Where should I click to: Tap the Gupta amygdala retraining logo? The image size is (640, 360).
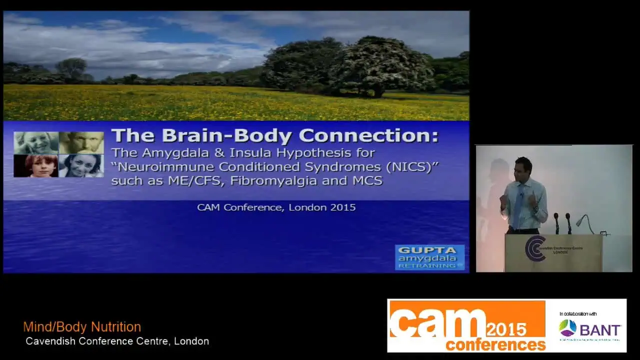pos(429,257)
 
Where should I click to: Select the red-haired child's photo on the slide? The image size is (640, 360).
pos(36,166)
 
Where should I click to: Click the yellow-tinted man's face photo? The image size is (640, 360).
pos(81,142)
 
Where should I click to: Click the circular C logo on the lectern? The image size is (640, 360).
pos(534,248)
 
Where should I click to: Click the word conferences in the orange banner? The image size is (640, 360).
pos(495,344)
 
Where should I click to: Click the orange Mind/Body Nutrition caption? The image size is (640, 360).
pos(82,327)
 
